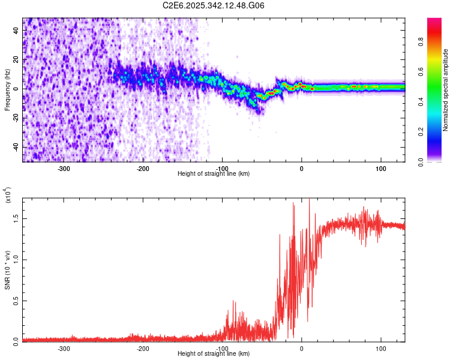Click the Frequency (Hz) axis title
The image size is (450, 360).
pos(7,90)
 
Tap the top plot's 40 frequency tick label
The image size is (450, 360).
pos(16,31)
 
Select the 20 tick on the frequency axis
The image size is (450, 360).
pos(16,59)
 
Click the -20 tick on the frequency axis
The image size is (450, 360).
pos(15,118)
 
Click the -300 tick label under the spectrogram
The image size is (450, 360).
pos(64,169)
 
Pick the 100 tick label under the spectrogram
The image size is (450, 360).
pos(380,169)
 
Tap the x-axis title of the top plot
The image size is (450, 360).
pos(214,174)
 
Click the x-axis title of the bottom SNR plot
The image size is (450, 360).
pos(214,354)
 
